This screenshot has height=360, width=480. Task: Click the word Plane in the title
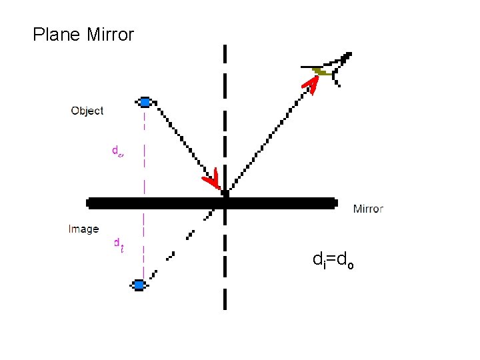(x=57, y=35)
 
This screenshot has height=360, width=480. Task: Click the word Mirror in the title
(x=110, y=35)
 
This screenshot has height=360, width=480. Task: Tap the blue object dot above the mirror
(x=145, y=102)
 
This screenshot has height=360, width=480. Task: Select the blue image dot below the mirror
(x=139, y=285)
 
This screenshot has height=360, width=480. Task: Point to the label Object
(x=87, y=111)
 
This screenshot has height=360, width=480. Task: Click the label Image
(x=83, y=229)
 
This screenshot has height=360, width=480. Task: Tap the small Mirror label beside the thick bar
(x=367, y=209)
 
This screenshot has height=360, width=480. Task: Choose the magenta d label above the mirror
(x=117, y=151)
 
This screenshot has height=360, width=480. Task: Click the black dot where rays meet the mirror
(x=225, y=193)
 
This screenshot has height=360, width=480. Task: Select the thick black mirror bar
(x=280, y=203)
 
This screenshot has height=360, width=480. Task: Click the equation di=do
(x=333, y=260)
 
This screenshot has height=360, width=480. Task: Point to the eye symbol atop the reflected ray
(x=331, y=69)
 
